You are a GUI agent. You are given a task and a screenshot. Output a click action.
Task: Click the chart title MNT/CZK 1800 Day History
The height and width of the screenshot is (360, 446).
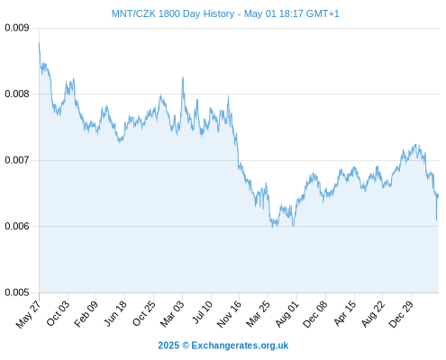coord(173,13)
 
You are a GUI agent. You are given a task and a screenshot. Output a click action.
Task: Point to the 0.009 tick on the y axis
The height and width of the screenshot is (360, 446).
coord(17,28)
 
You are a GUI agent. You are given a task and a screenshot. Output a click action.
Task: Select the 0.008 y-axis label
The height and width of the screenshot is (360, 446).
coord(17,94)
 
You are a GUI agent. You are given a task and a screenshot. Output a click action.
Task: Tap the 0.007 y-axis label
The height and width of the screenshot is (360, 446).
coord(17,160)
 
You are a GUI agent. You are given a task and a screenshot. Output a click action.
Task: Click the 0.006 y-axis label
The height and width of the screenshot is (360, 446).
coord(17,226)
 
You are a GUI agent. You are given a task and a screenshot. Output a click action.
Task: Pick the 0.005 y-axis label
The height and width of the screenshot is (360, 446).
coord(17,292)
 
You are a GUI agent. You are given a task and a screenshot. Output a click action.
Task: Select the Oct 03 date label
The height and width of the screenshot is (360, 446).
coord(58,313)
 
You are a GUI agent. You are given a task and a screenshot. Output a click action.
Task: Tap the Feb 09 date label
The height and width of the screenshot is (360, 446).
coord(86,314)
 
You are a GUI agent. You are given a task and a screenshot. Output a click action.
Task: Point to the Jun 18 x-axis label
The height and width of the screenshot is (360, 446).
coord(115,313)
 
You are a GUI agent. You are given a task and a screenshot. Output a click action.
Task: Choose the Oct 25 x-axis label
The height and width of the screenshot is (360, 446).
coord(144,313)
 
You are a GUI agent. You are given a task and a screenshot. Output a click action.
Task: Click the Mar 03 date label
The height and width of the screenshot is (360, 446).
coord(172,314)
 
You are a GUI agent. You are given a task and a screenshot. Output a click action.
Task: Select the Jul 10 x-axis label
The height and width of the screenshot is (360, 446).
coord(203,312)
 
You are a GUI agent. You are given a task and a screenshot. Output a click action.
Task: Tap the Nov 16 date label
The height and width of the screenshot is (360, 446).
coord(229,314)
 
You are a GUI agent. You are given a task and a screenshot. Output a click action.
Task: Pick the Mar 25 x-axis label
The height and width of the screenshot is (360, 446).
coord(258,314)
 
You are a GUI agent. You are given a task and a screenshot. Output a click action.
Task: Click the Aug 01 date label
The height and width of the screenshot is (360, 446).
coord(287,314)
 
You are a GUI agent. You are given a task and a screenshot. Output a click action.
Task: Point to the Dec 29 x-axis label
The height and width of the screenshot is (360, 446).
coord(401,314)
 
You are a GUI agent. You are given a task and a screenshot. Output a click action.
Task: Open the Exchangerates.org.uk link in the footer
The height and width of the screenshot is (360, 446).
coord(240,346)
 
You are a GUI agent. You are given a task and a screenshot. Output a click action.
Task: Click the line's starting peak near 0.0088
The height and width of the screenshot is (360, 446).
coord(39,43)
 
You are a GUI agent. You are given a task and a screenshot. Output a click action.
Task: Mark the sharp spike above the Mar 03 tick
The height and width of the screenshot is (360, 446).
coord(183,77)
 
